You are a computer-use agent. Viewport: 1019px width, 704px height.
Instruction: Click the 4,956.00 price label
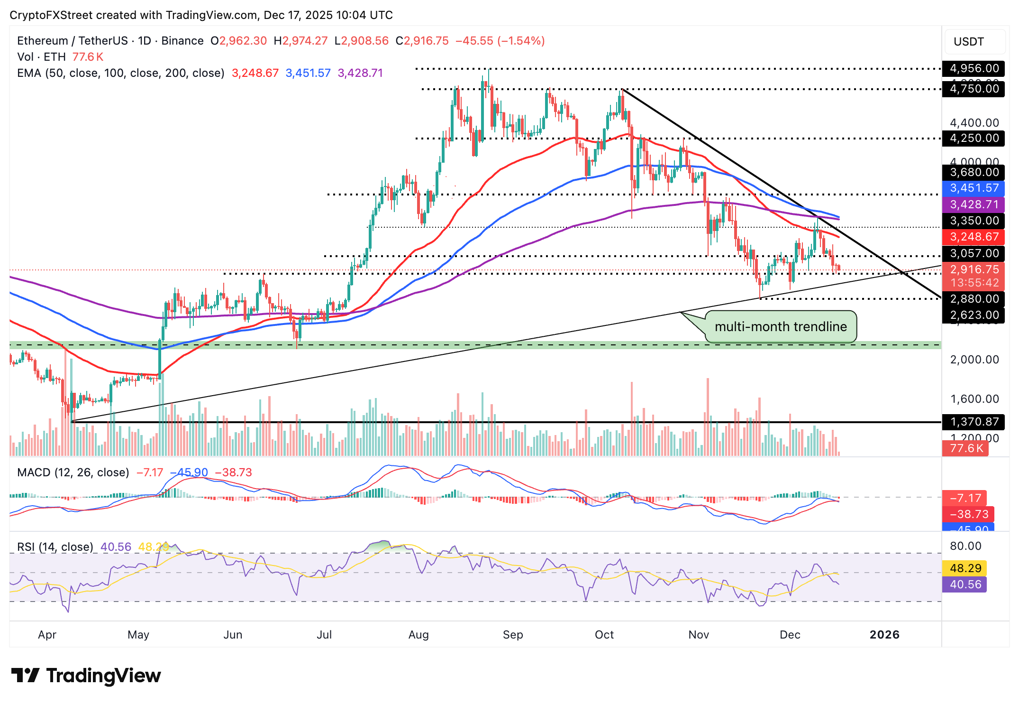point(974,68)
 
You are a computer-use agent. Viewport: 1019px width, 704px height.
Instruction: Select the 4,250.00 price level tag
point(974,138)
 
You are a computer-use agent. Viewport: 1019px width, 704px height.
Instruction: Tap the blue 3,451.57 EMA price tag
point(974,188)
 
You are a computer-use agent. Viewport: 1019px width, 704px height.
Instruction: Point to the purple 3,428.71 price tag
point(974,204)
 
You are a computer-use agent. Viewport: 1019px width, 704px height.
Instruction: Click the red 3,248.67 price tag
point(974,237)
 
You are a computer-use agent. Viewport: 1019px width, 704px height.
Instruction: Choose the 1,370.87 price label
point(974,421)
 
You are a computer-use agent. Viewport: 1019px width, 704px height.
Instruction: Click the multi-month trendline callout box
point(780,326)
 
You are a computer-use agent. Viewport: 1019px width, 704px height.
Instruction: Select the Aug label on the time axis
point(418,635)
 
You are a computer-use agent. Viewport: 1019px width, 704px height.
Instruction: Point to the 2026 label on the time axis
point(884,635)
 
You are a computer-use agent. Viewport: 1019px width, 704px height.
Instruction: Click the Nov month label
point(698,635)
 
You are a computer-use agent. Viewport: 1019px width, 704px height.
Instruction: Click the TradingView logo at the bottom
point(86,676)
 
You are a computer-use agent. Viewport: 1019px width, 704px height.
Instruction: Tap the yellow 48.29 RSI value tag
point(965,568)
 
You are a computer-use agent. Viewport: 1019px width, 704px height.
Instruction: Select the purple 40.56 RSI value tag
point(965,584)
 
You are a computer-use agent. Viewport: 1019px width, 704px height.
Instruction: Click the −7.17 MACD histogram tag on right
point(965,498)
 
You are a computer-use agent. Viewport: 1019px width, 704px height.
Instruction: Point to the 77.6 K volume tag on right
point(965,448)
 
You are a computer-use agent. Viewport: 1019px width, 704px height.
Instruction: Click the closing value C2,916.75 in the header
point(422,41)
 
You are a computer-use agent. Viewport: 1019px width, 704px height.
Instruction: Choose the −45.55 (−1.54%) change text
point(500,41)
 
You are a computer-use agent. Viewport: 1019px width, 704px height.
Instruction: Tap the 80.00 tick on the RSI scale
point(965,546)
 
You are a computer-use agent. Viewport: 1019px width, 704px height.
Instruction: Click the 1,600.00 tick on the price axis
point(974,399)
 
